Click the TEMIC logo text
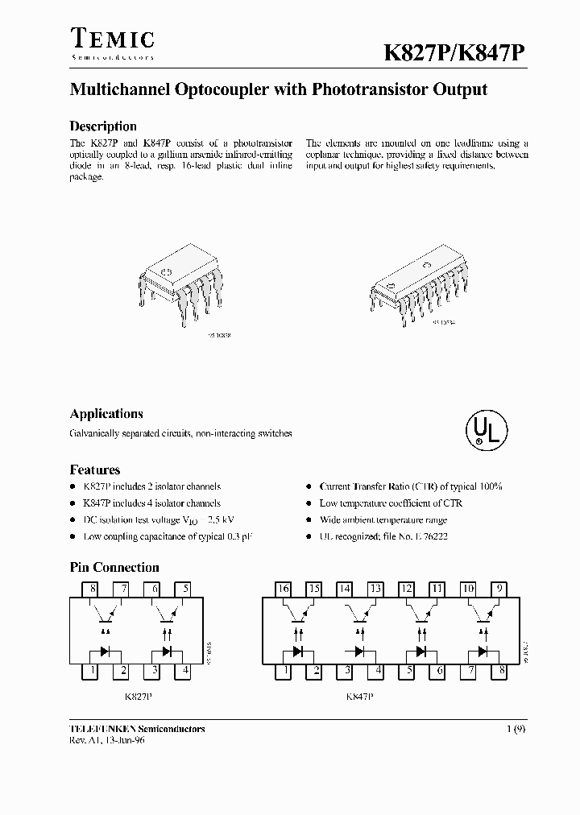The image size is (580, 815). pyautogui.click(x=112, y=39)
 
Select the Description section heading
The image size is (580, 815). pyautogui.click(x=103, y=126)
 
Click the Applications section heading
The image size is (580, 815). pyautogui.click(x=106, y=414)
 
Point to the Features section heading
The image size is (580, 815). pyautogui.click(x=95, y=470)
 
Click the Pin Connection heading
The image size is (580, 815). pyautogui.click(x=114, y=568)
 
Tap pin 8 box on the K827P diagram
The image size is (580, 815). pyautogui.click(x=93, y=590)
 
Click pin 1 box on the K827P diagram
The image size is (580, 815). pyautogui.click(x=93, y=670)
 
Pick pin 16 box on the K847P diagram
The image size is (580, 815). pyautogui.click(x=284, y=590)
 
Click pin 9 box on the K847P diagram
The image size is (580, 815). pyautogui.click(x=500, y=590)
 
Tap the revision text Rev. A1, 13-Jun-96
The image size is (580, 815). pyautogui.click(x=107, y=739)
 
